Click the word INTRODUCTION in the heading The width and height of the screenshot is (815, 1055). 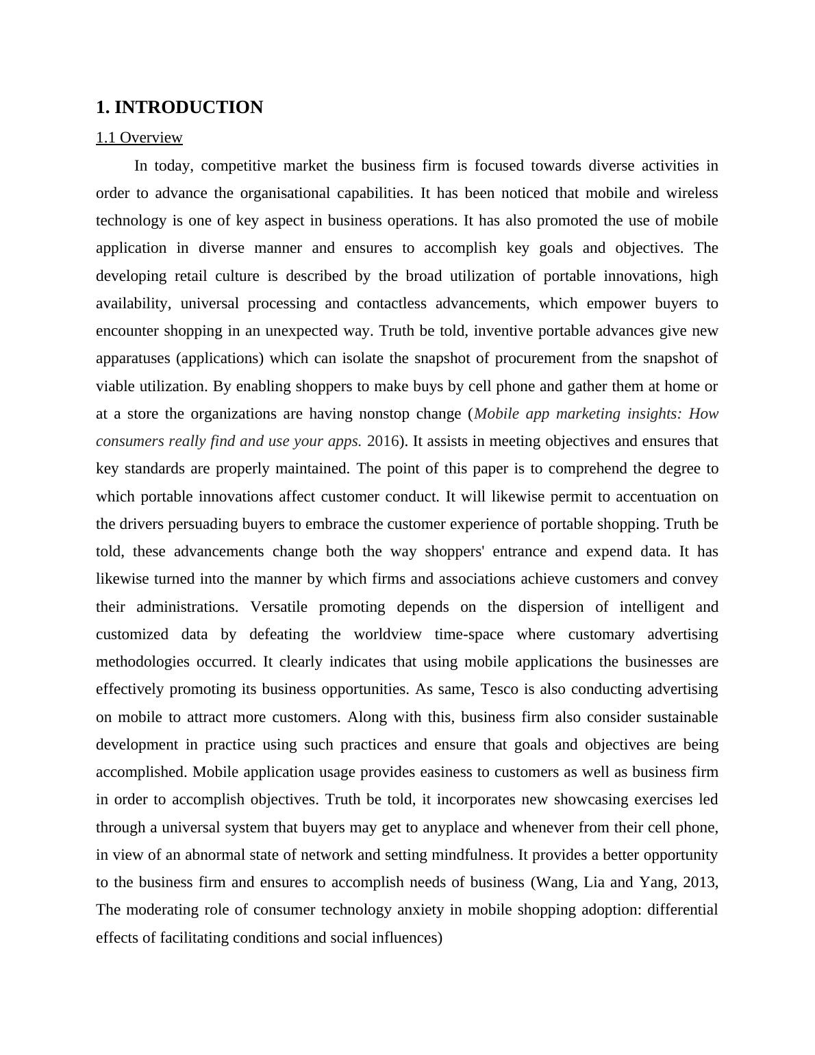tap(188, 108)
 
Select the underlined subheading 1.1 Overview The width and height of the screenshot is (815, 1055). tap(139, 138)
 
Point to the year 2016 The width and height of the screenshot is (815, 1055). tap(383, 441)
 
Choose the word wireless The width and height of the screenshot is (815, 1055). tap(692, 193)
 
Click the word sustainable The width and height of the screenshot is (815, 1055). tap(683, 717)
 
